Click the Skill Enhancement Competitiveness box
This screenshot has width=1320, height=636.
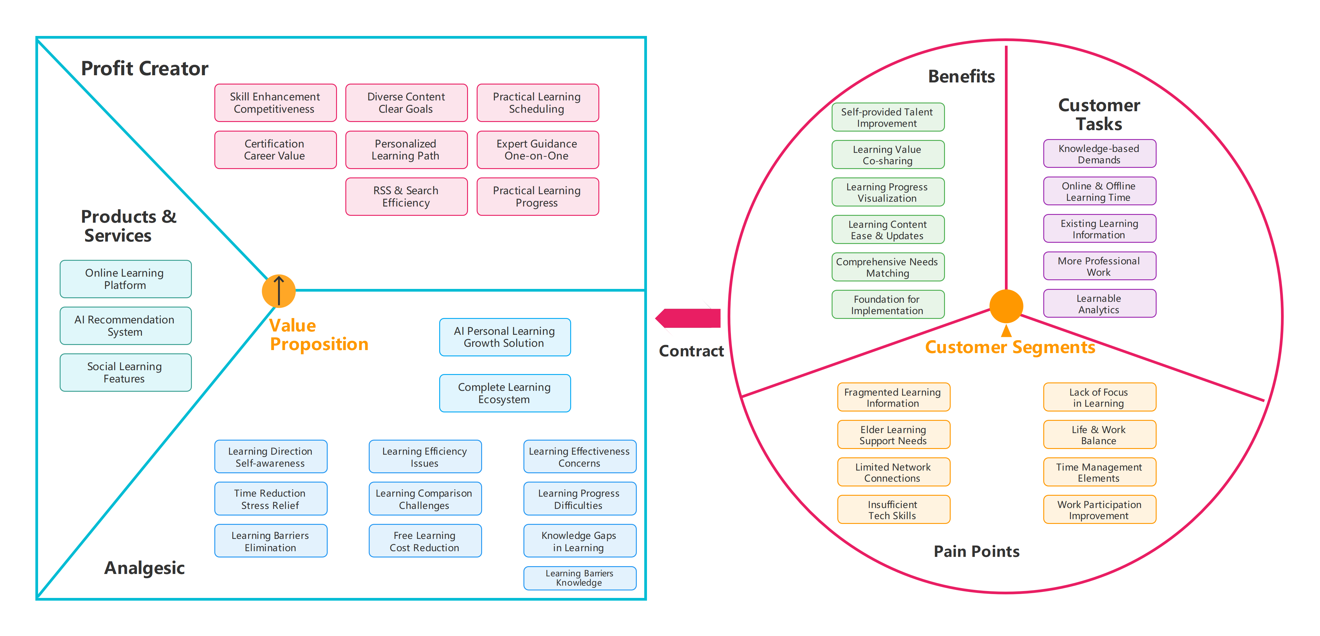(x=275, y=103)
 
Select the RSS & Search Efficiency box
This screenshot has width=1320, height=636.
(x=406, y=197)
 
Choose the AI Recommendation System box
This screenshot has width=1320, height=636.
(x=125, y=326)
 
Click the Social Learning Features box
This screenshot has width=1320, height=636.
(x=125, y=373)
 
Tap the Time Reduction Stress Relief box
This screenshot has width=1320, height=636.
(x=270, y=499)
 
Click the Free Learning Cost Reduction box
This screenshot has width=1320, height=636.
(x=425, y=541)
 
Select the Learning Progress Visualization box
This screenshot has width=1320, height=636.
(x=887, y=192)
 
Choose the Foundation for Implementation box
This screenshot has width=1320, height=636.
(x=887, y=305)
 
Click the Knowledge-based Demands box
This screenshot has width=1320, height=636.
(x=1099, y=154)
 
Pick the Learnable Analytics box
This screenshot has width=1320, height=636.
(x=1099, y=304)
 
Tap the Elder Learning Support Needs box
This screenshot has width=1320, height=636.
(x=893, y=435)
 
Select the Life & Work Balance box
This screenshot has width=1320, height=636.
(x=1099, y=435)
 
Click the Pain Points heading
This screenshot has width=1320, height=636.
(x=976, y=551)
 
